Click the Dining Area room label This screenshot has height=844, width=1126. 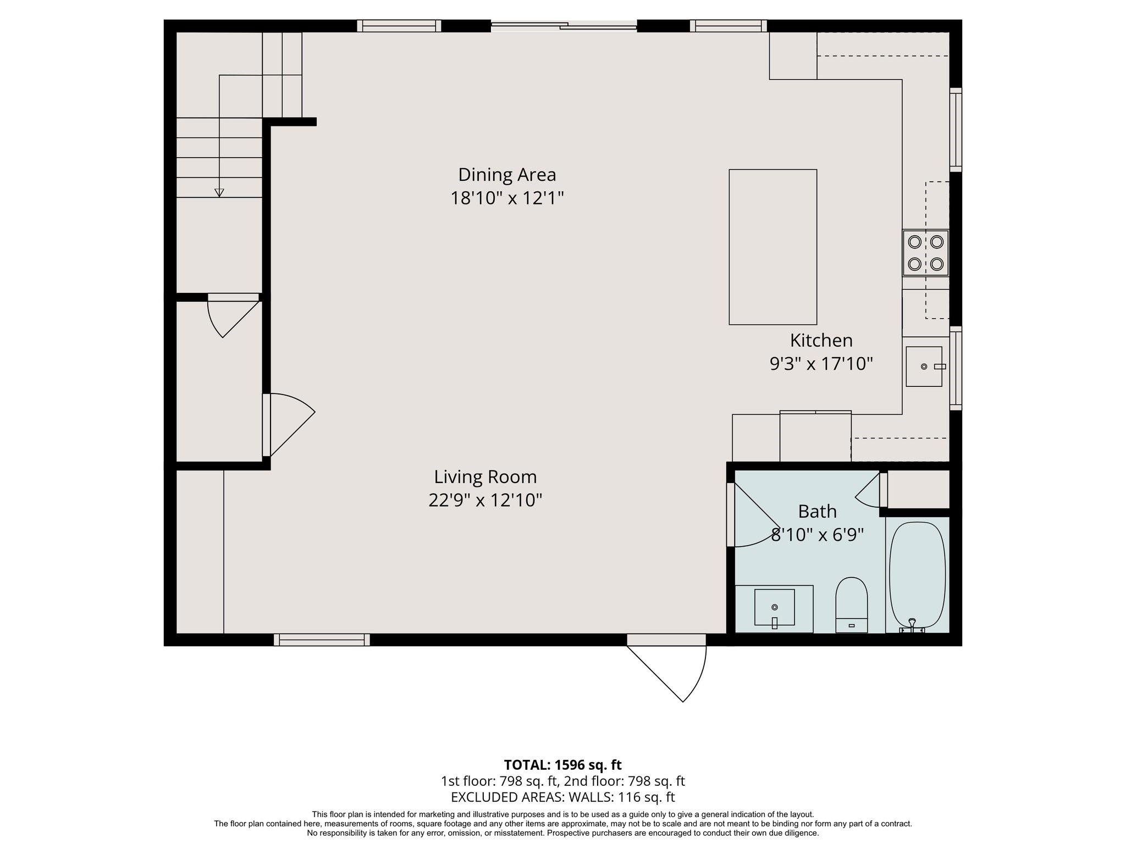pyautogui.click(x=507, y=175)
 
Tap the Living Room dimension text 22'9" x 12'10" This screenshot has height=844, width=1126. pyautogui.click(x=485, y=500)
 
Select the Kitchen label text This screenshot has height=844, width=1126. pyautogui.click(x=821, y=341)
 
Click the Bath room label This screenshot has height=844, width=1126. pyautogui.click(x=817, y=512)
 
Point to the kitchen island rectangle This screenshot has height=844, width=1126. pyautogui.click(x=772, y=247)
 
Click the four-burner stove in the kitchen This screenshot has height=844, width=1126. pyautogui.click(x=925, y=253)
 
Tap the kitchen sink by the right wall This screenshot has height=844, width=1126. pyautogui.click(x=924, y=367)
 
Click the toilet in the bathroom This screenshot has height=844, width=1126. pyautogui.click(x=851, y=604)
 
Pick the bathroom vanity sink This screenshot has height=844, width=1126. pyautogui.click(x=774, y=607)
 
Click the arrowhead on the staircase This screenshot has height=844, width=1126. pyautogui.click(x=219, y=192)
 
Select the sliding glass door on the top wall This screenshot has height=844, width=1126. pyautogui.click(x=564, y=25)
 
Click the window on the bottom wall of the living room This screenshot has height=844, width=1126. pyautogui.click(x=322, y=640)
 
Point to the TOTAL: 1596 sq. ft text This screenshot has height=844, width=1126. pyautogui.click(x=562, y=765)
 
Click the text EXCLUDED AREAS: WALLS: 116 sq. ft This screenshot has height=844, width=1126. pyautogui.click(x=562, y=797)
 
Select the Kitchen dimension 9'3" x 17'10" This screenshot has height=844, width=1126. pyautogui.click(x=821, y=364)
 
